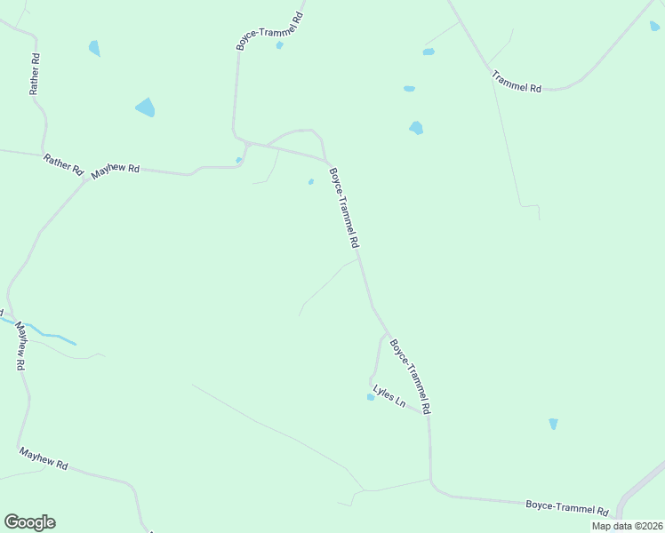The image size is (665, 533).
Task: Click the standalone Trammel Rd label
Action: pyautogui.click(x=517, y=83)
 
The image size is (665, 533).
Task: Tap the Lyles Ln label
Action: pyautogui.click(x=389, y=396)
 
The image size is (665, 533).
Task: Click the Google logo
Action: pyautogui.click(x=29, y=522)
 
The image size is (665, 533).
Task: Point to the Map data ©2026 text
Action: pyautogui.click(x=627, y=526)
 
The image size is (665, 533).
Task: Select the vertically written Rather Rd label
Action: pyautogui.click(x=35, y=74)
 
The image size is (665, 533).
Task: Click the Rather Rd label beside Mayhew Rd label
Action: pyautogui.click(x=63, y=164)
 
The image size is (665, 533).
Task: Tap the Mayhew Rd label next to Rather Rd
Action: pyautogui.click(x=116, y=168)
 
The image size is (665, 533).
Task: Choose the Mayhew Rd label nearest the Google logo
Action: pyautogui.click(x=44, y=458)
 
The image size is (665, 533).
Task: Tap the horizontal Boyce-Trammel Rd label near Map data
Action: pyautogui.click(x=566, y=508)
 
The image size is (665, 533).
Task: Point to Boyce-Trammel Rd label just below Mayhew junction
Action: pyautogui.click(x=344, y=208)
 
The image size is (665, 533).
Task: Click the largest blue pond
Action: pyautogui.click(x=145, y=108)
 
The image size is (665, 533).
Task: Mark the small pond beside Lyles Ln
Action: pyautogui.click(x=371, y=397)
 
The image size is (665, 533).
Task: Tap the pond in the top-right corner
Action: pyautogui.click(x=654, y=27)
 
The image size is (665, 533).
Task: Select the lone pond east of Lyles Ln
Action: pyautogui.click(x=553, y=424)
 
